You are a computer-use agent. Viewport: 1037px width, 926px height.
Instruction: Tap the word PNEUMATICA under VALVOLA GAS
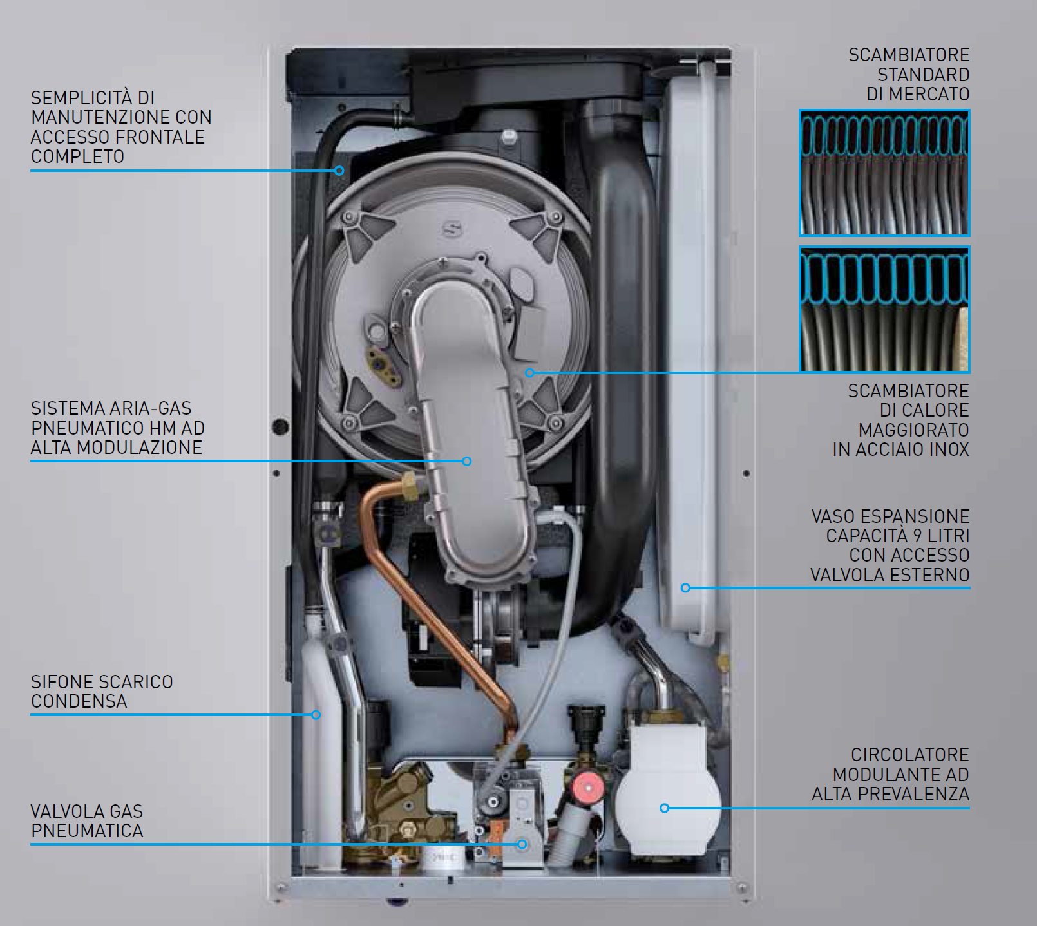pos(87,831)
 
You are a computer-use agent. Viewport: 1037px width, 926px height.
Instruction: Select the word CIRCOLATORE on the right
pos(910,755)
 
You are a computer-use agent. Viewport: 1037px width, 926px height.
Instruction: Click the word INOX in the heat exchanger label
pos(946,449)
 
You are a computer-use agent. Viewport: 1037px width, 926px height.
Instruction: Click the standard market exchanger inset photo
pos(884,173)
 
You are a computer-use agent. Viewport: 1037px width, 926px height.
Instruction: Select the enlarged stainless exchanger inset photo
pos(884,309)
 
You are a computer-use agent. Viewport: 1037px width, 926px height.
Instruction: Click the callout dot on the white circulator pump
pos(664,808)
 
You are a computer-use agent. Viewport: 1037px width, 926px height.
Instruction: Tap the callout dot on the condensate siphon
pos(316,715)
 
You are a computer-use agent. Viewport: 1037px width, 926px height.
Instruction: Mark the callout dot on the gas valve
pos(522,844)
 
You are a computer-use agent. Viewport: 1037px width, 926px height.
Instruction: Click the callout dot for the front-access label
pos(339,171)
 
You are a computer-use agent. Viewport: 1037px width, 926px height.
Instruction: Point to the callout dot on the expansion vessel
pos(685,588)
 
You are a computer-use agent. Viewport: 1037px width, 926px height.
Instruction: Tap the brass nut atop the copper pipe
pos(409,487)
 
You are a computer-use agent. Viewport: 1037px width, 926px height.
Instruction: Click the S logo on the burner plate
pos(453,228)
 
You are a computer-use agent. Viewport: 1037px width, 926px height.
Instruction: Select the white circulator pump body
pos(667,791)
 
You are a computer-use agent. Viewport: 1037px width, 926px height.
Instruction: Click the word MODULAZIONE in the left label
pos(140,448)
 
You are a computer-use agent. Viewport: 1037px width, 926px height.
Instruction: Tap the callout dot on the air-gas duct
pos(467,461)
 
